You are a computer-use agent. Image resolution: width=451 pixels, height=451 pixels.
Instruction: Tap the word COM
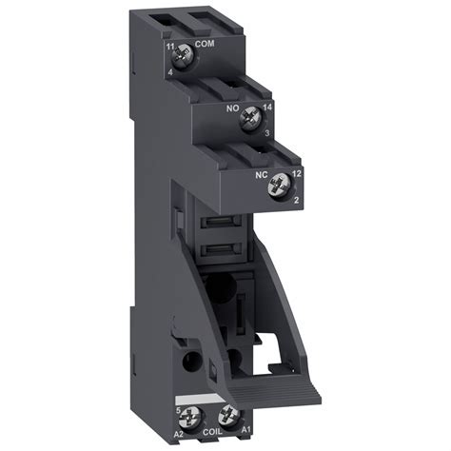[205, 45]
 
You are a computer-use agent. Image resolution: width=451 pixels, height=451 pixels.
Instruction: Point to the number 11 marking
[170, 46]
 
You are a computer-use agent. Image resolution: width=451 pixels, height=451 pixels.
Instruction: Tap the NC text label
[259, 175]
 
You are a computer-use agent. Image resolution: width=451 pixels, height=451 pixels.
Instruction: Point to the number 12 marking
[295, 175]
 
